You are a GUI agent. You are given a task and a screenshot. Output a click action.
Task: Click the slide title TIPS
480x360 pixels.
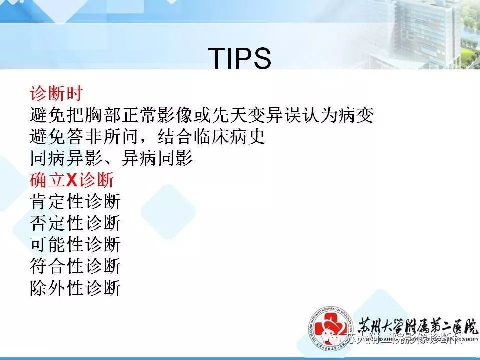point(239,59)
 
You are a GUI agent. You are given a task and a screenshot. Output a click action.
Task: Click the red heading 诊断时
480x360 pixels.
point(56,93)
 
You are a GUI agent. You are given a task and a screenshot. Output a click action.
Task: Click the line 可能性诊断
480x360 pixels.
point(75,245)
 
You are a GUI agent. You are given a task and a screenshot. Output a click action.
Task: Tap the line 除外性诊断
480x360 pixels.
point(75,288)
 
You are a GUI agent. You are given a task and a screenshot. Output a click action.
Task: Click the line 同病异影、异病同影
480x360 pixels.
point(111,159)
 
